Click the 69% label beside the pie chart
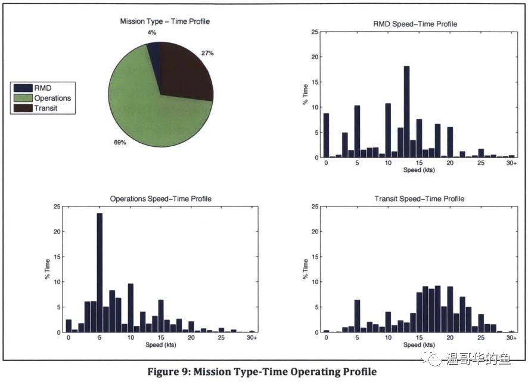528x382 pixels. point(120,143)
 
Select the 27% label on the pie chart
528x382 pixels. point(207,53)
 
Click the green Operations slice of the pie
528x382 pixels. point(143,107)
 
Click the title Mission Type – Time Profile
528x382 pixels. point(165,22)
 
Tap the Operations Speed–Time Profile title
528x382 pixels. point(161,199)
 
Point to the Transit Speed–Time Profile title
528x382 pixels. point(419,199)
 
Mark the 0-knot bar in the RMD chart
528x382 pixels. point(326,135)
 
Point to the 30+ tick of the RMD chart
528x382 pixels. point(511,163)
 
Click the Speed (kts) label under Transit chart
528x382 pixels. point(419,345)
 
